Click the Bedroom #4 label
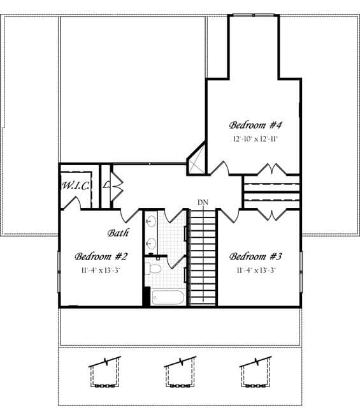tap(256, 125)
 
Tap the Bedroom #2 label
tap(101, 256)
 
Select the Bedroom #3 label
tap(256, 256)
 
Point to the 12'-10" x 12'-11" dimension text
tap(256, 139)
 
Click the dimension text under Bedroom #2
tap(101, 270)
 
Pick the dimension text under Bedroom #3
tap(256, 270)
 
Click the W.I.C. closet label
tap(76, 185)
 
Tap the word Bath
tap(118, 233)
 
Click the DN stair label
tap(203, 203)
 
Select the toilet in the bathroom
tap(154, 268)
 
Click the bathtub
tap(168, 297)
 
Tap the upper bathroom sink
tap(151, 221)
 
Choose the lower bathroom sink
tap(151, 243)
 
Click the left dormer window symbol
tap(105, 372)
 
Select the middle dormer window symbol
tap(180, 372)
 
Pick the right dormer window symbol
tap(256, 372)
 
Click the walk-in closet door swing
tap(71, 203)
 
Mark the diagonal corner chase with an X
tap(196, 159)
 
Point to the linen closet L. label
tap(106, 185)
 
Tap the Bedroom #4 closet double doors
tap(271, 169)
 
